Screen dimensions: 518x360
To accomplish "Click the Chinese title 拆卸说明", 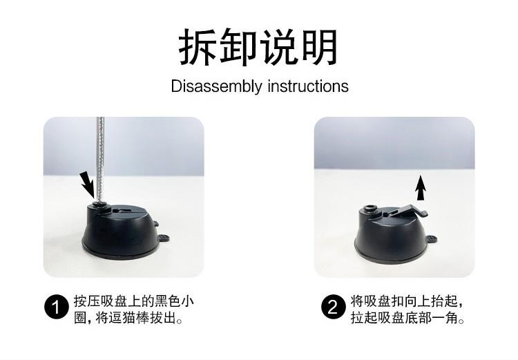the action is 258,47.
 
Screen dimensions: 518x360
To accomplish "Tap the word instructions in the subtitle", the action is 308,86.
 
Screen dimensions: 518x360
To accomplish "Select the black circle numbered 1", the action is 57,307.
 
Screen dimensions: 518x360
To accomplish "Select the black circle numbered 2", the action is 334,307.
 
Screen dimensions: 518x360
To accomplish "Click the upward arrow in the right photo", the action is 420,188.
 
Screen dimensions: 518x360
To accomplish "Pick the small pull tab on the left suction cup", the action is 164,238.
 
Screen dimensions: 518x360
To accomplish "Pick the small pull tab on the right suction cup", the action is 432,238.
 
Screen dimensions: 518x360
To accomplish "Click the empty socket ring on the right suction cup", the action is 371,209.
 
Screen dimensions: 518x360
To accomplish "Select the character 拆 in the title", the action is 197,47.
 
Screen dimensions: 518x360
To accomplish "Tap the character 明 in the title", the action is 320,47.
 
